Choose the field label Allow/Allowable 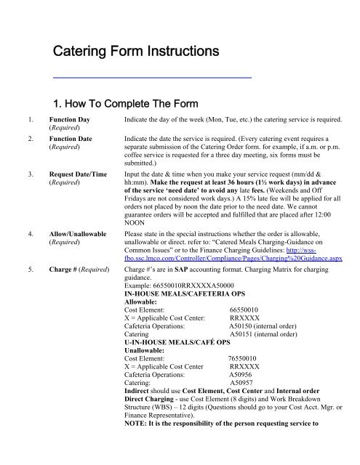coord(79,235)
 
